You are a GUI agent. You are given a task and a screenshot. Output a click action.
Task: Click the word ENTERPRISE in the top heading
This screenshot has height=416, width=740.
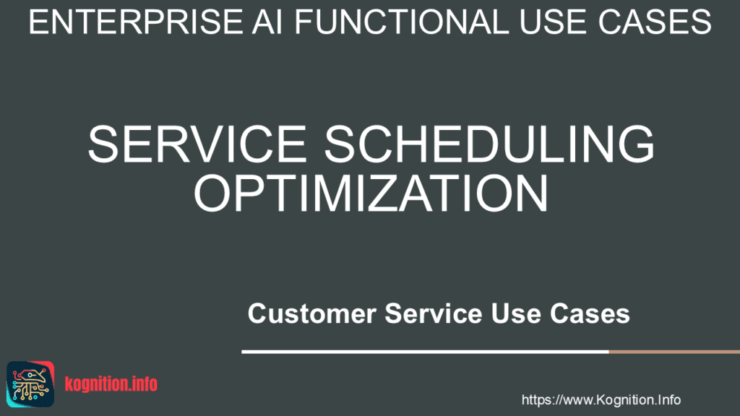coord(136,22)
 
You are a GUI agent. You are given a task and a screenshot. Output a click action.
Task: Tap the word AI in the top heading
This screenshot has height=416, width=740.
coord(267,22)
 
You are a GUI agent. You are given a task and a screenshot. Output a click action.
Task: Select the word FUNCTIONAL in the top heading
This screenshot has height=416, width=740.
coord(402,22)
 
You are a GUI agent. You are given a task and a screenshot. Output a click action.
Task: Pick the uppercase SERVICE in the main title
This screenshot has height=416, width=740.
coord(197,144)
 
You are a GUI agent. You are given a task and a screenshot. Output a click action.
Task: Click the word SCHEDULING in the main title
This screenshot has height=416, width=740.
coord(489,144)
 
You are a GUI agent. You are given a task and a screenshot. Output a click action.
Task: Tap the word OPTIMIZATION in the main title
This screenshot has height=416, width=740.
coord(371,193)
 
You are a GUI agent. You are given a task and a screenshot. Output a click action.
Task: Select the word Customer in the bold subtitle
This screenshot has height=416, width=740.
coord(312,313)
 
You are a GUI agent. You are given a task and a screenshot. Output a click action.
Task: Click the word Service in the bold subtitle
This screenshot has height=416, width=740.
coord(434,313)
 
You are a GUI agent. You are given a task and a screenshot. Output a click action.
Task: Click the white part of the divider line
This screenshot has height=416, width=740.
coord(425,352)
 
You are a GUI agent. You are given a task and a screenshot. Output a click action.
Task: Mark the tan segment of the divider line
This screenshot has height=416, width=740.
coord(674,352)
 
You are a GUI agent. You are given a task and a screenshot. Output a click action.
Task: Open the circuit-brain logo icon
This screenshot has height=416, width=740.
coord(30,384)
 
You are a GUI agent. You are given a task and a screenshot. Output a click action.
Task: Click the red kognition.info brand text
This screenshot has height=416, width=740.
coord(111,384)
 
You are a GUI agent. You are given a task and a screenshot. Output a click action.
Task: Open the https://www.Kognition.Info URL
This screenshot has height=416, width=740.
coord(601,400)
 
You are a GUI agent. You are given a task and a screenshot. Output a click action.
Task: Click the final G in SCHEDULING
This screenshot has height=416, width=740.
coord(636,144)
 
